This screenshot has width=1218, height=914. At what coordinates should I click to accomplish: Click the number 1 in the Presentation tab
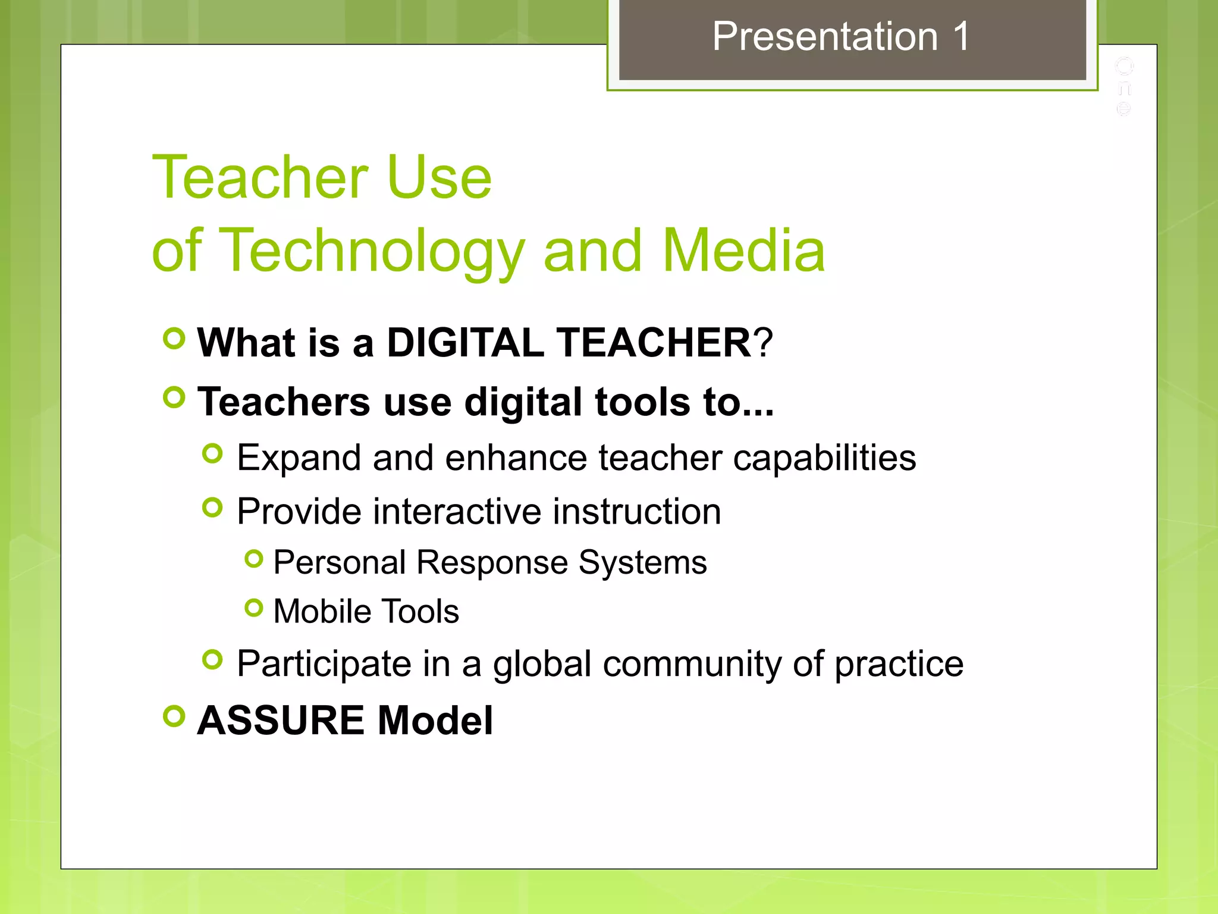click(961, 37)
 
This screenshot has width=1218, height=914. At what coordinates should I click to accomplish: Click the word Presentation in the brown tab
click(825, 37)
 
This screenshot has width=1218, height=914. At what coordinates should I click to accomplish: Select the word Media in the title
click(743, 251)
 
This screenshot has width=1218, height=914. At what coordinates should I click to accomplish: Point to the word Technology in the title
click(372, 251)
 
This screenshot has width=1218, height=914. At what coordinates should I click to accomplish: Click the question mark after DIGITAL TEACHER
click(763, 343)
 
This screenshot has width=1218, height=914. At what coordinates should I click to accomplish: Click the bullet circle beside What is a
click(174, 339)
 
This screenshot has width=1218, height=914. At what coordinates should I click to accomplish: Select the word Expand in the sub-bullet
click(299, 458)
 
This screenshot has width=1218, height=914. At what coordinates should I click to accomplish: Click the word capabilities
click(824, 458)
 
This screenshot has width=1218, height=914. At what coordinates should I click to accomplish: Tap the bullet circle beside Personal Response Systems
click(254, 559)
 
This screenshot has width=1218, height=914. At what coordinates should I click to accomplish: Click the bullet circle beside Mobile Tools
click(254, 608)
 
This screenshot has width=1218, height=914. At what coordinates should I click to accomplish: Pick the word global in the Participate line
click(542, 664)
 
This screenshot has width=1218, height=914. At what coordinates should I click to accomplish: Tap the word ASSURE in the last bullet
click(280, 721)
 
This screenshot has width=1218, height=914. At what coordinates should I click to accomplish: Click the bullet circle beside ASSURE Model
click(174, 716)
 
